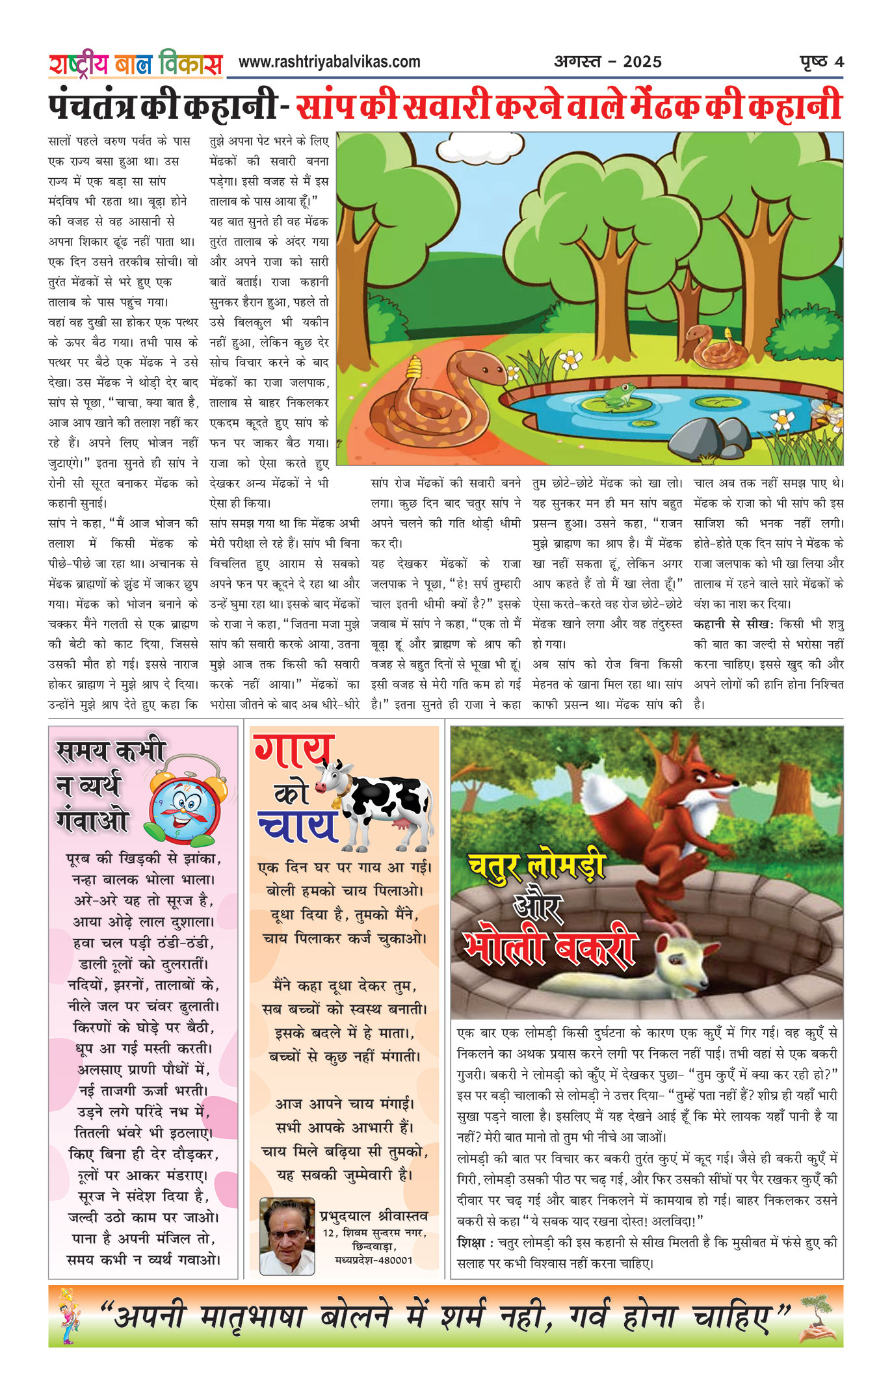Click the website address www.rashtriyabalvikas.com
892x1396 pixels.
point(329,62)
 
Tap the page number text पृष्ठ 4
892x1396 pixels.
point(821,62)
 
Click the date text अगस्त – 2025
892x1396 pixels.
point(607,62)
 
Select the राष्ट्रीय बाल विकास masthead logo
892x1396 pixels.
point(135,64)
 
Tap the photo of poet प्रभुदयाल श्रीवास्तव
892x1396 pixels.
point(287,1236)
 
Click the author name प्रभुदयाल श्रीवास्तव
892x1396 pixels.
point(373,1215)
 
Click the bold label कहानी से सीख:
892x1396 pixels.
point(733,624)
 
